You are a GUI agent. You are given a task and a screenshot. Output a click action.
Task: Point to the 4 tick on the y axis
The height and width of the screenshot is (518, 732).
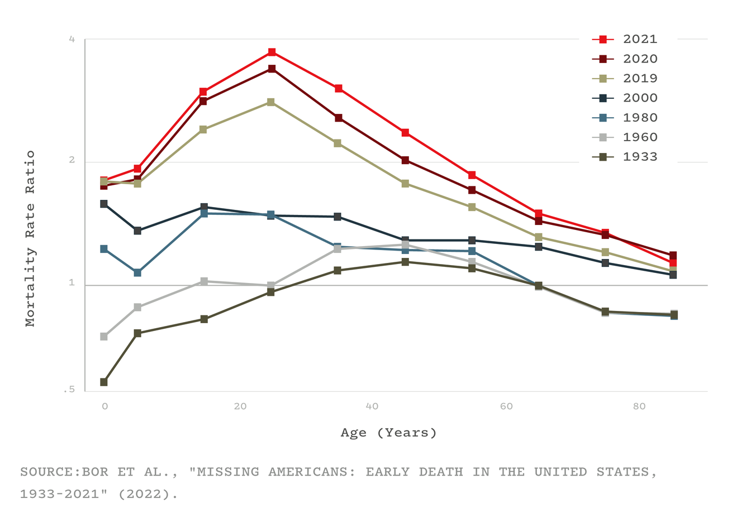click(72, 39)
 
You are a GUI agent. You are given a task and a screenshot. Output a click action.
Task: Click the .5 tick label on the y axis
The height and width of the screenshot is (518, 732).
click(69, 390)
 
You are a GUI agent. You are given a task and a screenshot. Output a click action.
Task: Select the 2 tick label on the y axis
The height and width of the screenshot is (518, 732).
click(72, 160)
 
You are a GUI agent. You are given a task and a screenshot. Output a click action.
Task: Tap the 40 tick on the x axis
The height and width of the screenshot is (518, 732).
click(372, 406)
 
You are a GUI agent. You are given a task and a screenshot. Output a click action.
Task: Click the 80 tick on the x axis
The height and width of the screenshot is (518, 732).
click(639, 406)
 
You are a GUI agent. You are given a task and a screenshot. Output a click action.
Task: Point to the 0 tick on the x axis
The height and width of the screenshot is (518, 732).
click(104, 406)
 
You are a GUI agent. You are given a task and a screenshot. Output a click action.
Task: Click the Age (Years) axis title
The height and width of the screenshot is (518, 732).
click(389, 433)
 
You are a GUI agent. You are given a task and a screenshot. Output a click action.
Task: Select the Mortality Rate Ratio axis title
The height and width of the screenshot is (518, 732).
click(30, 238)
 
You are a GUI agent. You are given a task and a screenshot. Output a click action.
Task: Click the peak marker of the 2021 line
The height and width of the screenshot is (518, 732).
click(272, 52)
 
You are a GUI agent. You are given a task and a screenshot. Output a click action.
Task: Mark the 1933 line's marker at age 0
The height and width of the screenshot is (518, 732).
click(104, 382)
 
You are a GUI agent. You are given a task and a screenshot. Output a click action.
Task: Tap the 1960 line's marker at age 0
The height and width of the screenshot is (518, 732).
click(104, 337)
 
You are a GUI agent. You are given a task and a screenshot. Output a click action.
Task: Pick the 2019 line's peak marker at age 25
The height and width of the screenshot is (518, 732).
click(271, 102)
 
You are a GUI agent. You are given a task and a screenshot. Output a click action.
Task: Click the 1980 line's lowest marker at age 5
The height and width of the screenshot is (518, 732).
click(137, 273)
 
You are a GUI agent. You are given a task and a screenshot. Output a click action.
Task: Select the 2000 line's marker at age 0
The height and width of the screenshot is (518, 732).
click(104, 204)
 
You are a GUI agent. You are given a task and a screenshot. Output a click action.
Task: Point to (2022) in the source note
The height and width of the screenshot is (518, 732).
click(148, 495)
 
